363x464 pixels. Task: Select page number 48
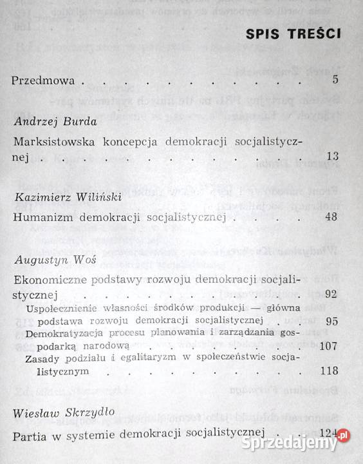[x=331, y=217]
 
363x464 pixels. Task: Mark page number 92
[x=331, y=294]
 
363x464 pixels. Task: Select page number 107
[x=329, y=346]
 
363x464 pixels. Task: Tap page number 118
[x=329, y=372]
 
